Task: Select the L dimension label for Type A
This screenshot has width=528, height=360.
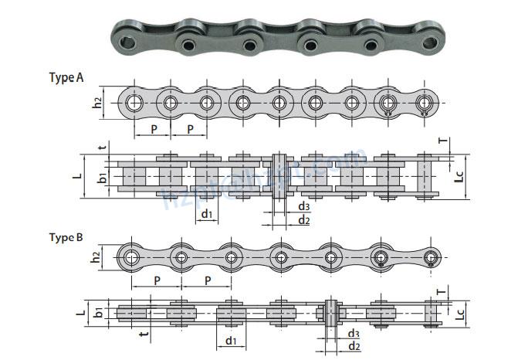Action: coord(77,176)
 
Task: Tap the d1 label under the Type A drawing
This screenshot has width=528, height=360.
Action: coord(207,213)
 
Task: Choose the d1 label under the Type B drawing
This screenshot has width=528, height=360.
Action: coord(230,341)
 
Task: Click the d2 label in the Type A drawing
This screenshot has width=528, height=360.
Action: coord(303,221)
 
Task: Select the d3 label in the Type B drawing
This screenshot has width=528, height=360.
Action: coord(352,333)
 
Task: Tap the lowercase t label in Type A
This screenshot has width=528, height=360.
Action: coord(101,148)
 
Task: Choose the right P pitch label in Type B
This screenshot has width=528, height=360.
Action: coord(207,280)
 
